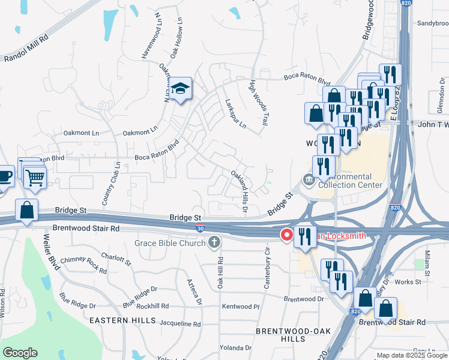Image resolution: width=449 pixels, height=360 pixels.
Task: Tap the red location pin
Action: (x=287, y=235)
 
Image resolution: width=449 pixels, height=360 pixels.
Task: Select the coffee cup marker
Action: (x=4, y=177)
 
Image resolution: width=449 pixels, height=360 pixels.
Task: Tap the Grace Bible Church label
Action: (x=170, y=242)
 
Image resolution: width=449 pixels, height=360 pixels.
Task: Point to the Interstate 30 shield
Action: (x=199, y=228)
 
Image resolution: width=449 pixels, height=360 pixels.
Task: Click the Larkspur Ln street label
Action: (x=235, y=114)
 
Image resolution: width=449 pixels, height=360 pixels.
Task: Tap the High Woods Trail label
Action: (x=259, y=103)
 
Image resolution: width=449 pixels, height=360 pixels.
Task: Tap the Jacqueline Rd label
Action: (x=179, y=323)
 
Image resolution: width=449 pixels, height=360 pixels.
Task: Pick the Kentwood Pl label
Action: (x=240, y=307)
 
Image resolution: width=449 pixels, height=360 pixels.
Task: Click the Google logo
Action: (x=20, y=353)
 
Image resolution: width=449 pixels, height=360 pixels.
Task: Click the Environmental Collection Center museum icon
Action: (x=309, y=179)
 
